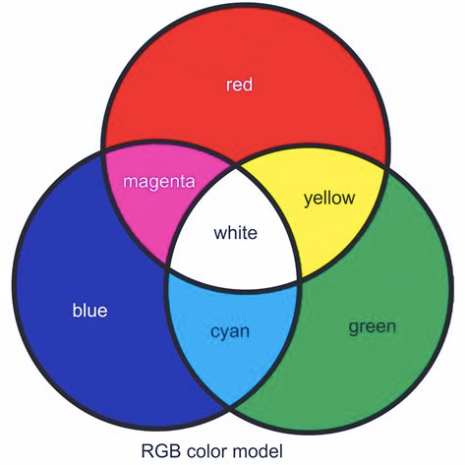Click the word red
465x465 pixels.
coord(239,85)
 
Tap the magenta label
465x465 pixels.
coord(159,181)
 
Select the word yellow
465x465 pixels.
coord(329,199)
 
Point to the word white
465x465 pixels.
coord(235,233)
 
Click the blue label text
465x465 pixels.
coord(89,310)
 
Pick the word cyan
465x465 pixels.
coord(230,331)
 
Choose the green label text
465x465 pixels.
coord(373,326)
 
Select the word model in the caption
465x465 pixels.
coord(258,450)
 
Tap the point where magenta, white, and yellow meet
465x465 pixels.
coord(237,165)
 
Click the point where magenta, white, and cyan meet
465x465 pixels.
coord(167,269)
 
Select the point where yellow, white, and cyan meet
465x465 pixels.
coord(301,281)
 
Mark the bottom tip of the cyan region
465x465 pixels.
coord(230,407)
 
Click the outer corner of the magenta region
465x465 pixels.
coord(103,150)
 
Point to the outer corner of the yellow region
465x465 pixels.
coord(387,168)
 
